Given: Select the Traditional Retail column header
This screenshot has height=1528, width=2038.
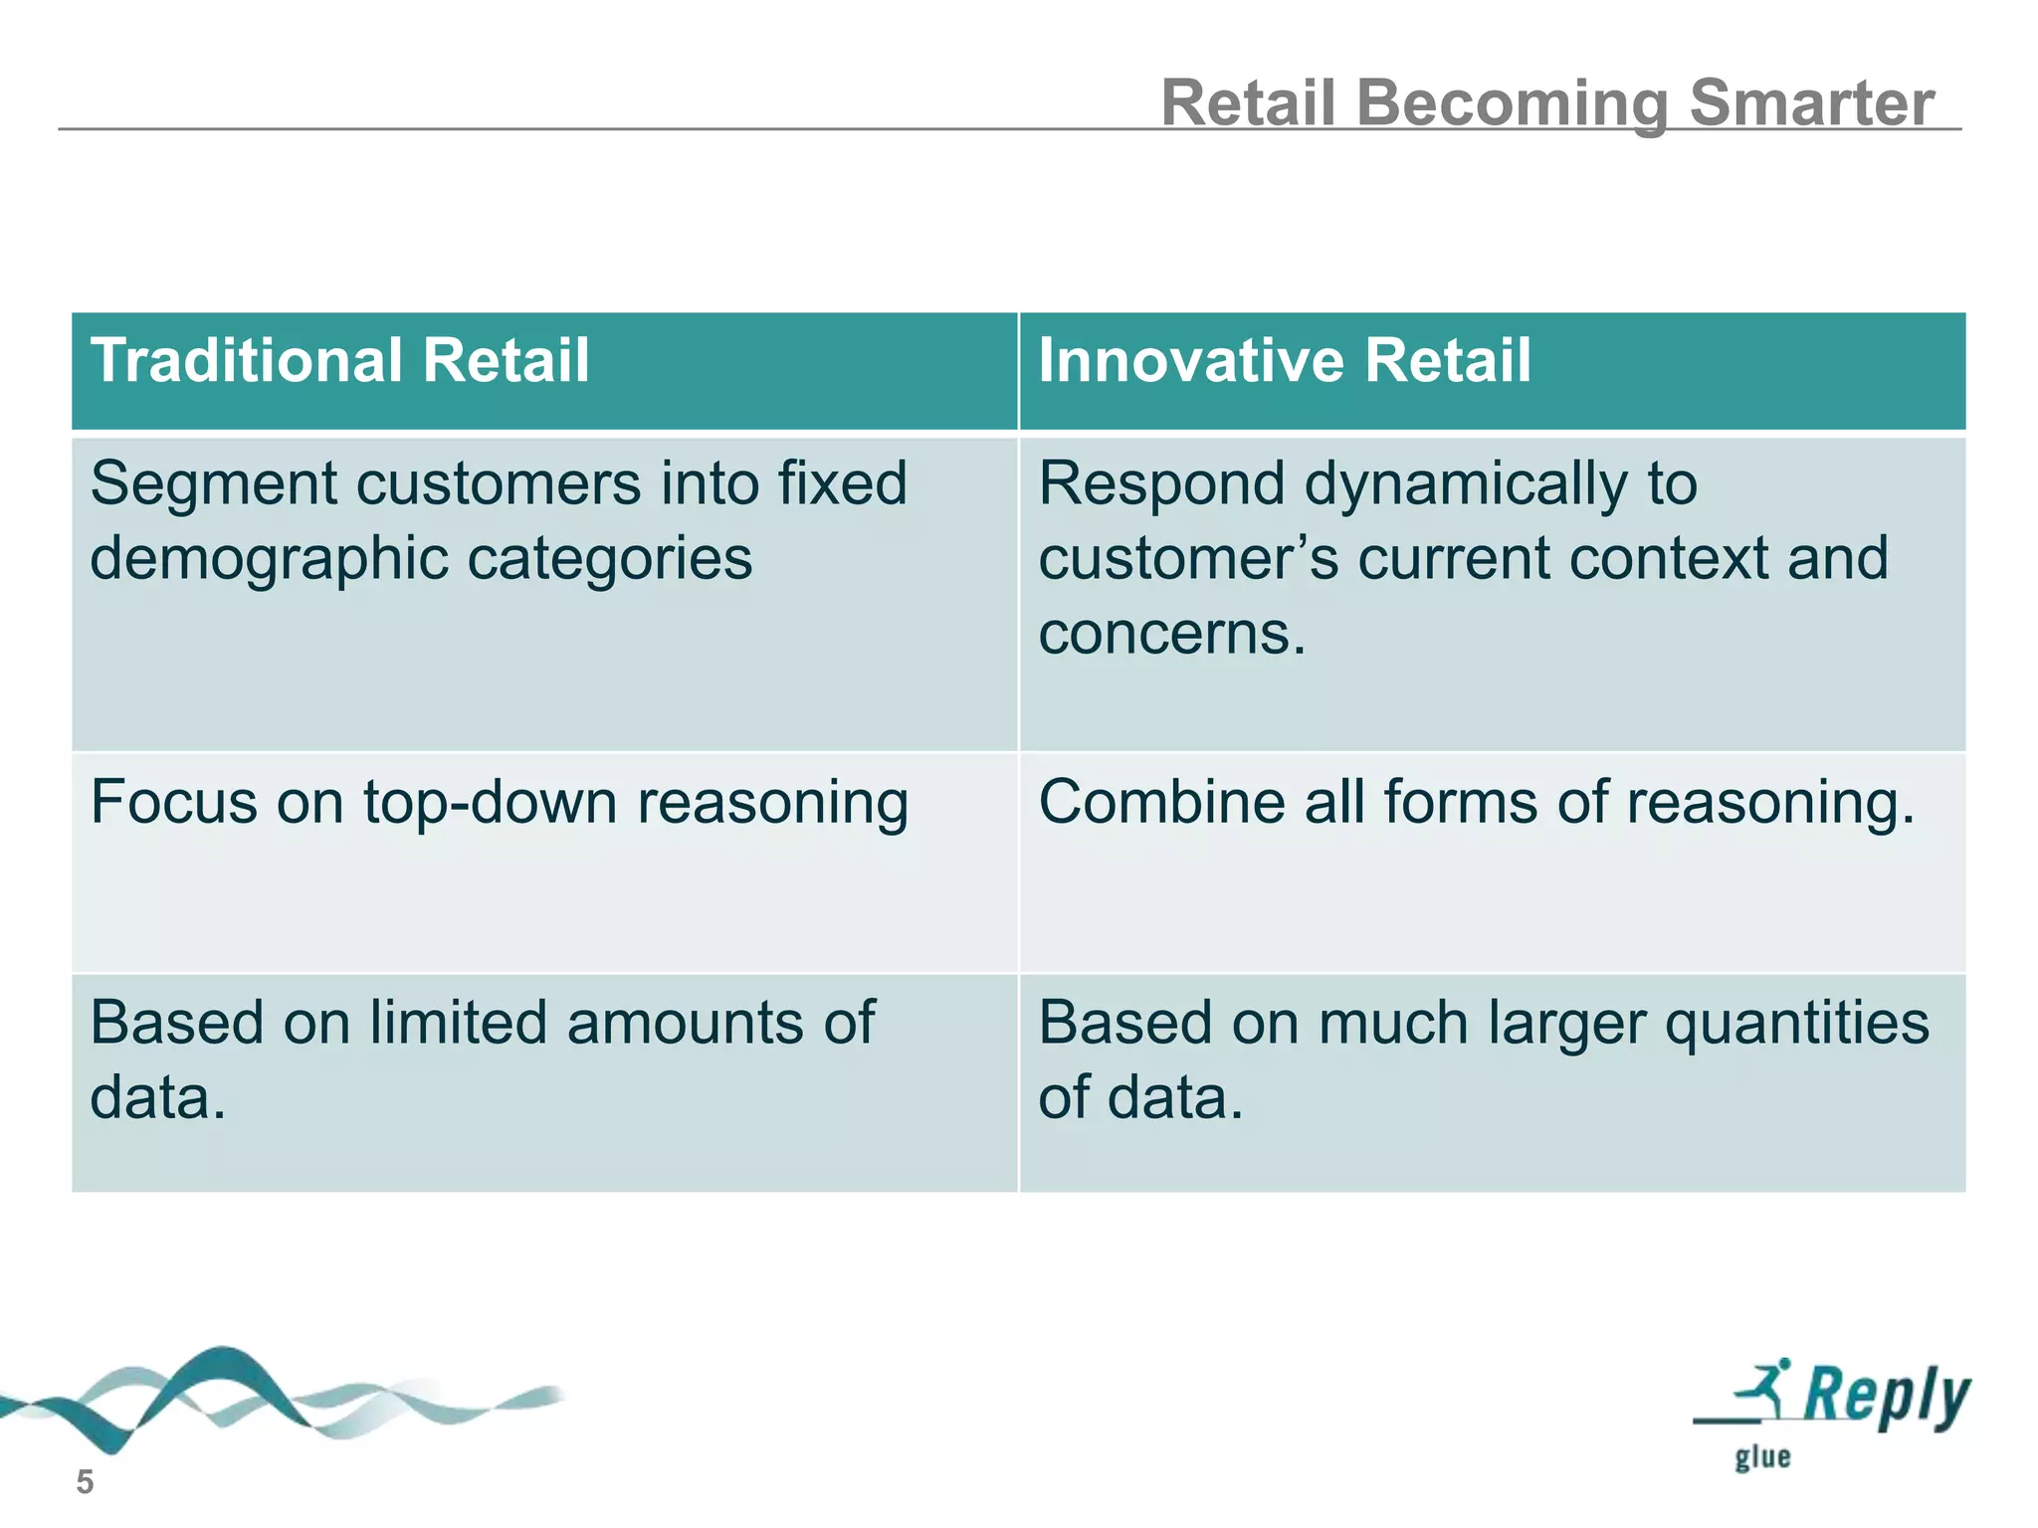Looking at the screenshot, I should tap(339, 360).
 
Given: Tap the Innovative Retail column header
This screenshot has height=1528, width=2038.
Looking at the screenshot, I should tap(1284, 360).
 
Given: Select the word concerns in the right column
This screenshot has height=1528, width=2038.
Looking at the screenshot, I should tap(1170, 634).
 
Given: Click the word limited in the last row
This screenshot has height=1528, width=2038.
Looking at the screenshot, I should tap(458, 1023).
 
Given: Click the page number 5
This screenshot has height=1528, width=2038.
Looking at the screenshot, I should tap(85, 1482).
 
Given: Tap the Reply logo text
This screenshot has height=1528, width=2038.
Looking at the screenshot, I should tap(1886, 1395).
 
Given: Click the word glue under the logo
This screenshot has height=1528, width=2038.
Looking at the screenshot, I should tap(1762, 1458).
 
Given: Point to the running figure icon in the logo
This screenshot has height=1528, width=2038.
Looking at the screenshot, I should tap(1765, 1385).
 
